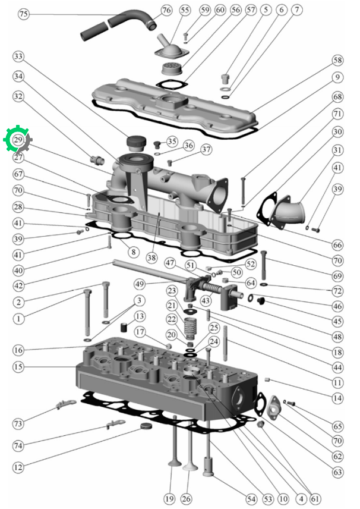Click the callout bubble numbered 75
tap(23, 14)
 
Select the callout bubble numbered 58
tap(337, 60)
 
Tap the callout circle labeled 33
tap(18, 56)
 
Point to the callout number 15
tap(18, 367)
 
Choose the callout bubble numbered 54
tap(251, 499)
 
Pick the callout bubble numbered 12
tap(18, 467)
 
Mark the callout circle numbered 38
tap(151, 257)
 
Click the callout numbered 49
tap(140, 284)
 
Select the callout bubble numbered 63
tap(337, 472)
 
